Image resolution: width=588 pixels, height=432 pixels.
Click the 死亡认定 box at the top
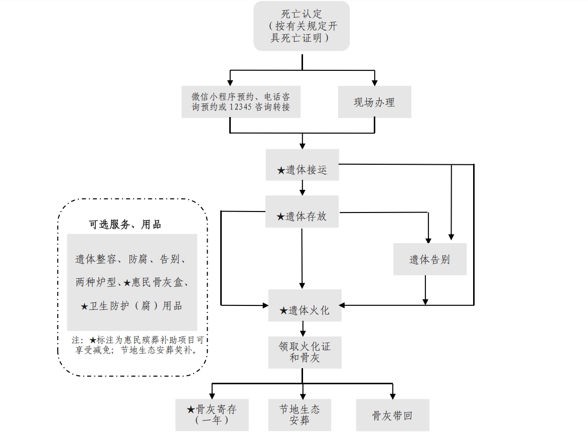tap(302, 26)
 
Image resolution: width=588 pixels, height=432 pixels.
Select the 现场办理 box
tap(374, 102)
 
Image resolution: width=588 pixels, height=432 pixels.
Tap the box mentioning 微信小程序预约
tap(241, 102)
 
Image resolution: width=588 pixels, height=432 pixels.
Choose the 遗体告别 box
tap(429, 259)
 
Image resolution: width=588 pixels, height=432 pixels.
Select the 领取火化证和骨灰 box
tap(305, 352)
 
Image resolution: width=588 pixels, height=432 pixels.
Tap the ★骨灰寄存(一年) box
tap(211, 414)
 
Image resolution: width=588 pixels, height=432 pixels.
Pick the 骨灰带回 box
tap(392, 415)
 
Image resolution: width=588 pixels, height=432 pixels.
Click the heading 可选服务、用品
tap(125, 225)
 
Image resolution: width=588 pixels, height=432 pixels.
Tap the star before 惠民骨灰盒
tap(127, 283)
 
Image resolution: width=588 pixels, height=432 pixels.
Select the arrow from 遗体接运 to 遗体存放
tap(302, 188)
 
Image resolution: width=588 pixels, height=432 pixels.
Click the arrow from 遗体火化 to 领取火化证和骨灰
tap(303, 329)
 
